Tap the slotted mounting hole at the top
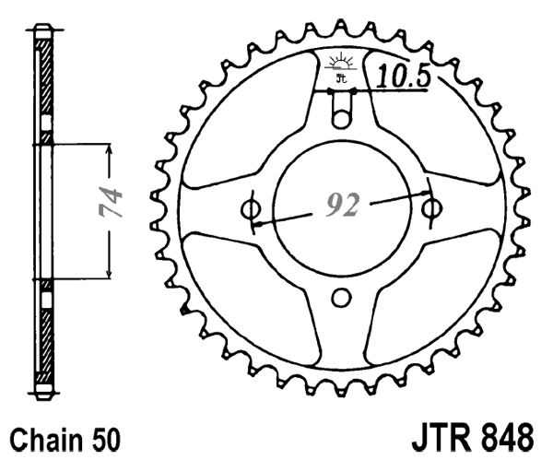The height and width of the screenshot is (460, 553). click(341, 119)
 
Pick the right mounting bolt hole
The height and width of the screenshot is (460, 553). click(430, 209)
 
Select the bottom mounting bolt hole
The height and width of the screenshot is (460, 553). click(341, 297)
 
